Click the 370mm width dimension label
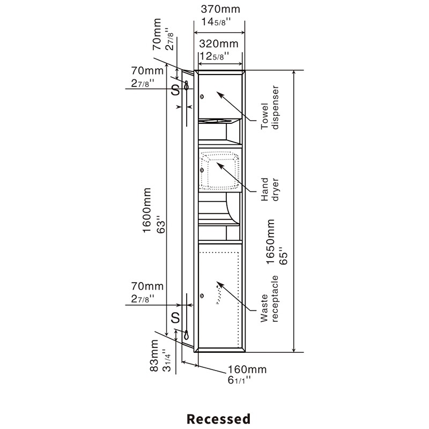(220, 9)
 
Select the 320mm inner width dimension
(219, 43)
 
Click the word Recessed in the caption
(218, 418)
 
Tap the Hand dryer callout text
(271, 189)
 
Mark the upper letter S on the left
(175, 90)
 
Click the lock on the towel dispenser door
(202, 97)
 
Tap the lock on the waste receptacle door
(202, 295)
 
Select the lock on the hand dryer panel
(202, 171)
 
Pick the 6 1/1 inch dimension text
(240, 381)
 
